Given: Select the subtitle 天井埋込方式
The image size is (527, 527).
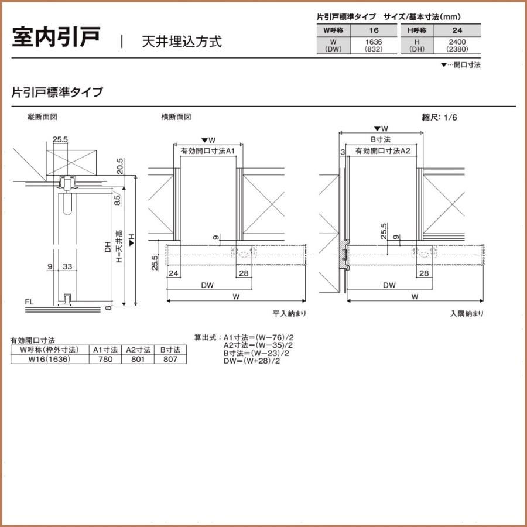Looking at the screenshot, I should coord(182,42).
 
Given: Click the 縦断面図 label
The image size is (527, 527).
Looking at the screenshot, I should coord(42,117).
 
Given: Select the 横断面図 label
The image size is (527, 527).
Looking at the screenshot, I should coord(176,117).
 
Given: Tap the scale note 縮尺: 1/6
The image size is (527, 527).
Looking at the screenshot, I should coord(439,118).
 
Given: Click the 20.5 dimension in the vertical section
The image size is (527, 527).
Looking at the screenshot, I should coord(120,166).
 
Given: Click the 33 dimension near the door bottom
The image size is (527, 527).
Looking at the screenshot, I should coord(67,266).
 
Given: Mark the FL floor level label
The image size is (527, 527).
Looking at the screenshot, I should coord(29,303).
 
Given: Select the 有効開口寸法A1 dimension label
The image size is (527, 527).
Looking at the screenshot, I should coord(208,151).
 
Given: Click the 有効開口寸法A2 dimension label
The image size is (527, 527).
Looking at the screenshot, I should coord(382,151).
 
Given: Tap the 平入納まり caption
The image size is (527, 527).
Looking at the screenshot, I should coord(289,314).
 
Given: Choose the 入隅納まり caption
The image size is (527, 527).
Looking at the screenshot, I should coord(467,314).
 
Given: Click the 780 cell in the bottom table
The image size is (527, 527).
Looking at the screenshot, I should coord(106,360).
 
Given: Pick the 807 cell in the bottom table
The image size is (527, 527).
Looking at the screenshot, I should coord(170,360).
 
